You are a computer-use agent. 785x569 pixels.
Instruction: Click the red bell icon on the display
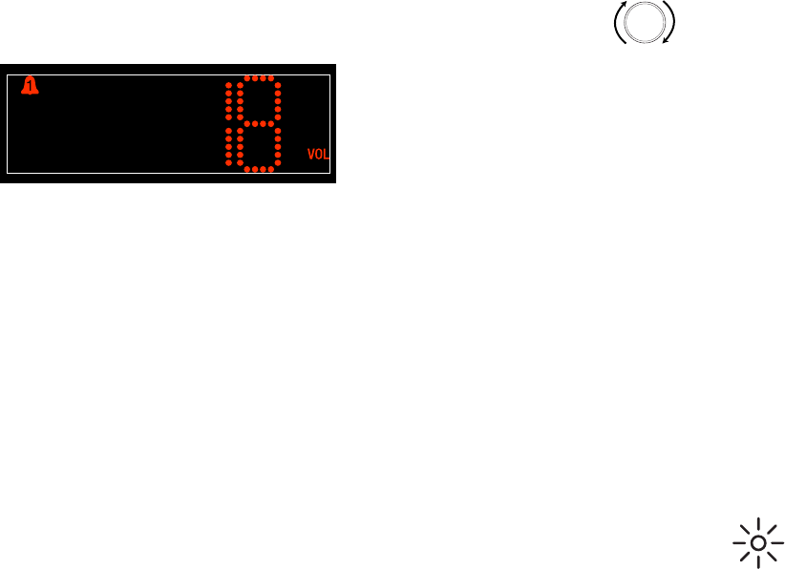[x=31, y=87]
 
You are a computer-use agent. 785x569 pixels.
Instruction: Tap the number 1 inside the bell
[x=31, y=88]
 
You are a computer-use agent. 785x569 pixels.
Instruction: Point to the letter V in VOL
[x=311, y=154]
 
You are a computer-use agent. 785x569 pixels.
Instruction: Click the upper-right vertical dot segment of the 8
[x=278, y=100]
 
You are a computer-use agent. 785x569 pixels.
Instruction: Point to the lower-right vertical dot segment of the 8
[x=278, y=146]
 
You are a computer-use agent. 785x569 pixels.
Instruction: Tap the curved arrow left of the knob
[x=619, y=23]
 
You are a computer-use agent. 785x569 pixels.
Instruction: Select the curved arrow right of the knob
[x=672, y=23]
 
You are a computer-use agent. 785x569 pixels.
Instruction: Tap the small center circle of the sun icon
[x=758, y=543]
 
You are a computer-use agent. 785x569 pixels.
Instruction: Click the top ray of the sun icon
[x=758, y=524]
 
